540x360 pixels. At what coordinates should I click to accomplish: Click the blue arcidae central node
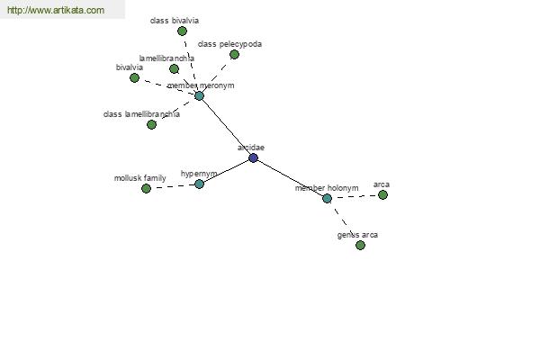(x=253, y=158)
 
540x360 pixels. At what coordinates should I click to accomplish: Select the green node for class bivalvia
(x=182, y=31)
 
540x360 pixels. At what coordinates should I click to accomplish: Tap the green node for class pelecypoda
(x=234, y=54)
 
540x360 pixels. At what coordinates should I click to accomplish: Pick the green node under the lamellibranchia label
(x=175, y=69)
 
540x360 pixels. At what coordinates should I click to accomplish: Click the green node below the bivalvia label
(x=134, y=78)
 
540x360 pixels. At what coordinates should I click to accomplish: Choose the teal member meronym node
(x=200, y=95)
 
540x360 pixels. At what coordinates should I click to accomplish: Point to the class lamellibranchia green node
(x=151, y=125)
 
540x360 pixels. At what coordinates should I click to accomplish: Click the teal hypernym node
(x=200, y=184)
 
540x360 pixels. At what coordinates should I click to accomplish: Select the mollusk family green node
(x=146, y=188)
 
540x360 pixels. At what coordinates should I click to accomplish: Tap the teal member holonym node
(x=328, y=198)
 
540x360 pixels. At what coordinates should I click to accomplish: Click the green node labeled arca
(x=382, y=195)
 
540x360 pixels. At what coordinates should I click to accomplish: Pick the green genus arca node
(x=360, y=246)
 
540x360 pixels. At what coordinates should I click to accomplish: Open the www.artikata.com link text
(x=56, y=10)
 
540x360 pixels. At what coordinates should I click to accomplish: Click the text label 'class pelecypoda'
(x=229, y=44)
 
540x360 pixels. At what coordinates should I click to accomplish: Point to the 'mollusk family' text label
(x=139, y=178)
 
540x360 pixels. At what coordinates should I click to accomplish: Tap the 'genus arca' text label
(x=357, y=235)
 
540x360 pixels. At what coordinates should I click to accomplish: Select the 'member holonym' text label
(x=327, y=188)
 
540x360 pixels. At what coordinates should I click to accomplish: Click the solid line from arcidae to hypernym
(x=226, y=171)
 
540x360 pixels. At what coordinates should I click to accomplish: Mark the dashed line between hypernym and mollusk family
(x=173, y=186)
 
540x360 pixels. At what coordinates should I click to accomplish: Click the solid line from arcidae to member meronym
(x=226, y=127)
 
